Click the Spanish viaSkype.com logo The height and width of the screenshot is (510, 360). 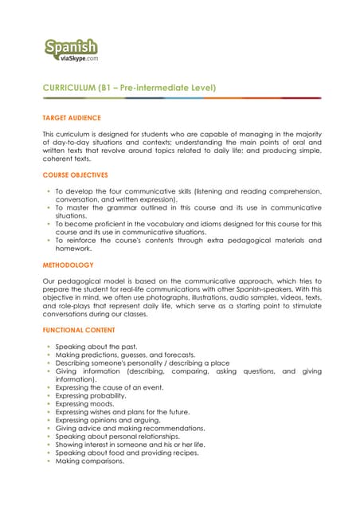click(72, 50)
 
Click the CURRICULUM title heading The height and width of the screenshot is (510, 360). click(130, 87)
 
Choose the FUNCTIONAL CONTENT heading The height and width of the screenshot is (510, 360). click(80, 330)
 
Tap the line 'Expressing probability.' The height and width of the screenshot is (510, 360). click(91, 395)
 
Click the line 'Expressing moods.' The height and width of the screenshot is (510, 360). click(84, 403)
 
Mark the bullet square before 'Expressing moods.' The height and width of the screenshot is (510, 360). click(49, 403)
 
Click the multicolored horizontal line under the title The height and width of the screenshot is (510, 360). click(182, 98)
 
